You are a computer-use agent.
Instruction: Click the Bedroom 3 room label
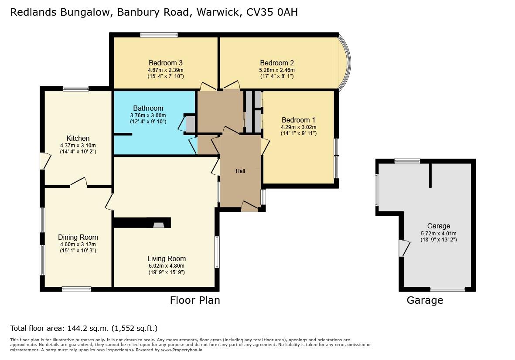click(166, 63)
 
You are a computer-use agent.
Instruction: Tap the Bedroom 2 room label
click(277, 63)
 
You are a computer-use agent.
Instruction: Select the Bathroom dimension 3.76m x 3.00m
click(148, 115)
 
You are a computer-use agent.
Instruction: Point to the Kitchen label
click(78, 138)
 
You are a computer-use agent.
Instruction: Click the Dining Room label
click(78, 237)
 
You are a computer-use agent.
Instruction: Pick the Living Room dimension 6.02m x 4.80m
click(167, 266)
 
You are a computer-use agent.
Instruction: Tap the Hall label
click(240, 171)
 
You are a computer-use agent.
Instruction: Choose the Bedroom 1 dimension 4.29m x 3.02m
click(299, 127)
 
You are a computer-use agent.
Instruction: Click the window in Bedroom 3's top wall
click(159, 35)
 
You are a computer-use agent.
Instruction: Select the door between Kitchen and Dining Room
click(78, 183)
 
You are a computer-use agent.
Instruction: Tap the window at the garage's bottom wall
click(448, 289)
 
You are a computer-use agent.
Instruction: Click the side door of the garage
click(404, 248)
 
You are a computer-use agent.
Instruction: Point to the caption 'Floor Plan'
click(195, 300)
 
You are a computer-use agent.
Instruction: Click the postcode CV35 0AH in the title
click(272, 12)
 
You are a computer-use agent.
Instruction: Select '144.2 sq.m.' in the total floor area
click(88, 328)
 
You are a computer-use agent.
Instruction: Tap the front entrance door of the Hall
click(250, 207)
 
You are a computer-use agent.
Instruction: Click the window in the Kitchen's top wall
click(76, 88)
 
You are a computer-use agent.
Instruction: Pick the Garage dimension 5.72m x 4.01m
click(439, 233)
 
